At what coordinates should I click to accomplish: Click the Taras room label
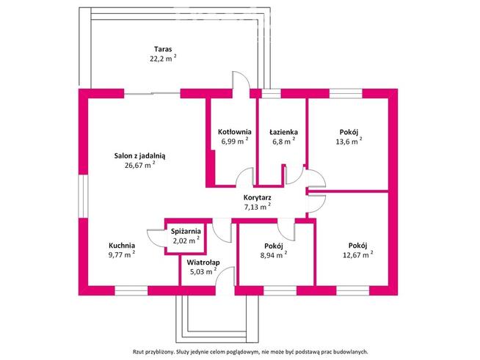pyautogui.click(x=163, y=49)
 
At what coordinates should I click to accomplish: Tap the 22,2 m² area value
pyautogui.click(x=163, y=59)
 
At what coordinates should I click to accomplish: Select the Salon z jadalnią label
pyautogui.click(x=139, y=156)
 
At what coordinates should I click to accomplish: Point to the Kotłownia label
pyautogui.click(x=234, y=132)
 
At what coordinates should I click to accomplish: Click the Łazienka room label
pyautogui.click(x=283, y=132)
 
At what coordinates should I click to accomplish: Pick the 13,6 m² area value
pyautogui.click(x=349, y=142)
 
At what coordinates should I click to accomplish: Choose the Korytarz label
pyautogui.click(x=257, y=198)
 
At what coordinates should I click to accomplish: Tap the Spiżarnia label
pyautogui.click(x=186, y=232)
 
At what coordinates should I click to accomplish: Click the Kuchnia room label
pyautogui.click(x=122, y=246)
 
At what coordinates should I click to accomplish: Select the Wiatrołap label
pyautogui.click(x=203, y=262)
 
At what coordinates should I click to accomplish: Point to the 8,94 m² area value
pyautogui.click(x=274, y=255)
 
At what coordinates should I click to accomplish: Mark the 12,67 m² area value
pyautogui.click(x=357, y=254)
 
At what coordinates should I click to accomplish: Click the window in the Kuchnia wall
pyautogui.click(x=131, y=290)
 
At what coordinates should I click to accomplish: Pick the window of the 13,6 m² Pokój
pyautogui.click(x=346, y=94)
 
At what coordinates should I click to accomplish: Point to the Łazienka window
pyautogui.click(x=272, y=94)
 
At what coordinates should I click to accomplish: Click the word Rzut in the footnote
pyautogui.click(x=138, y=352)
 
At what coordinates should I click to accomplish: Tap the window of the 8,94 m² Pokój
pyautogui.click(x=280, y=290)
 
